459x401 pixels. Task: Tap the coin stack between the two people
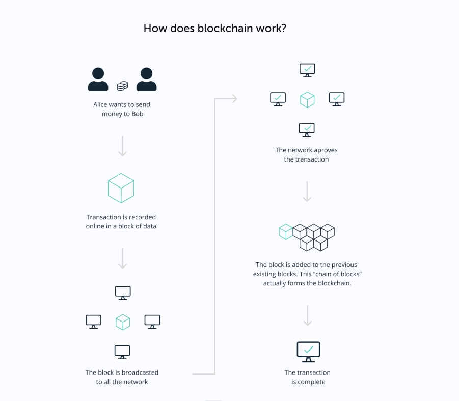click(122, 86)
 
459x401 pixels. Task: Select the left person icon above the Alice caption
click(98, 79)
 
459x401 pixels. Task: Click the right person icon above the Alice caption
click(147, 79)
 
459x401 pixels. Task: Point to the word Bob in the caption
click(137, 114)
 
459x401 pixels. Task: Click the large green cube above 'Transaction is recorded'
click(121, 188)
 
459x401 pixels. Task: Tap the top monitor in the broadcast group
click(122, 292)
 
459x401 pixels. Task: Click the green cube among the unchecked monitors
click(122, 322)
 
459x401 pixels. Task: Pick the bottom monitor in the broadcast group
click(122, 352)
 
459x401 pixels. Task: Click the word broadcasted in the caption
click(139, 372)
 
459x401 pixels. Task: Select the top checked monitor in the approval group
click(307, 70)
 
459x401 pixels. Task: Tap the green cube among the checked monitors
click(307, 99)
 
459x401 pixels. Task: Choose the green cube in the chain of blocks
click(286, 232)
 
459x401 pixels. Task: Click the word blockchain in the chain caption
click(336, 283)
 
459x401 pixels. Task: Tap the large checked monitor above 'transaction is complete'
click(308, 351)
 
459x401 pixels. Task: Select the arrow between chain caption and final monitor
click(307, 315)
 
